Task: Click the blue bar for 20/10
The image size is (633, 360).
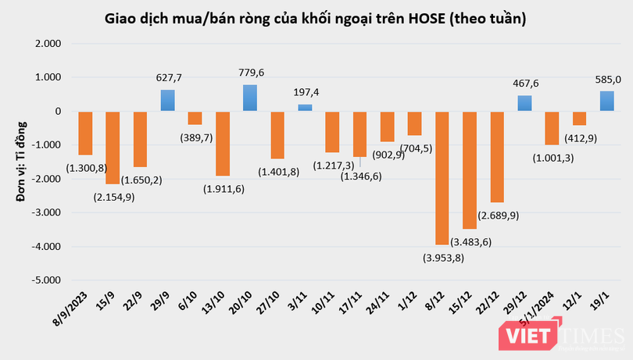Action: click(250, 98)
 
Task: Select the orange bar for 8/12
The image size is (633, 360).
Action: click(442, 177)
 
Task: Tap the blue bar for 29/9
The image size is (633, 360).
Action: click(168, 101)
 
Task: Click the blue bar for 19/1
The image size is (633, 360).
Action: click(606, 102)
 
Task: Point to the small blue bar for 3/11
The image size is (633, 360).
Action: click(305, 108)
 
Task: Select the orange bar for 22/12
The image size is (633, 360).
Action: click(497, 156)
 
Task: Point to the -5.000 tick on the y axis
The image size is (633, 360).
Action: click(48, 280)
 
